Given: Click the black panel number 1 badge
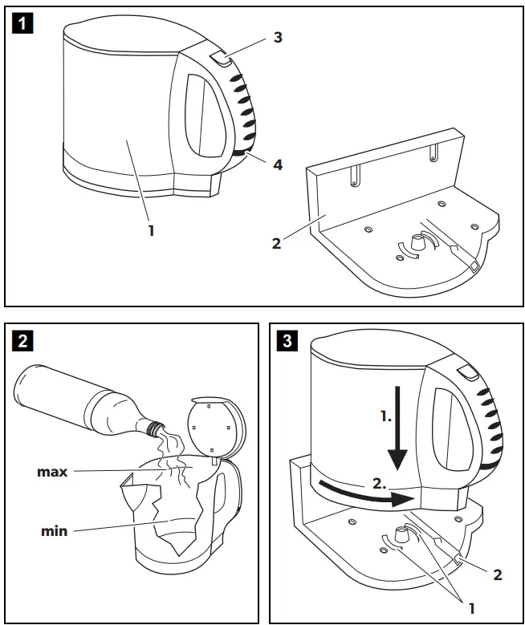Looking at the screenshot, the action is [22, 23].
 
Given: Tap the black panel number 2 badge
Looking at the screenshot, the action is [22, 341].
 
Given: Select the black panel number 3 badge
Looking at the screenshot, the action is [287, 341].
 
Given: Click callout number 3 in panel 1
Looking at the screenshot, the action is [278, 37].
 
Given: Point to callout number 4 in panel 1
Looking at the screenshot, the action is [278, 164].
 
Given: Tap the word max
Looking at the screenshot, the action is [52, 472].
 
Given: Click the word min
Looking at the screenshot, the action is [55, 531].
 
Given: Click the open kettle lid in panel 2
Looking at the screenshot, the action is [216, 426].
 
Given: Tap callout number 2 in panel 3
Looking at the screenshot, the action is [497, 574].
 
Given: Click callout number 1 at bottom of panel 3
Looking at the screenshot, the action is [472, 608].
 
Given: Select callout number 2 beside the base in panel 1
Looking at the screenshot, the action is [276, 243].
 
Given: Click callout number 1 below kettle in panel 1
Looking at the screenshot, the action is [151, 230].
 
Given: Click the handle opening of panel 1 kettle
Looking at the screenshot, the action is [205, 115].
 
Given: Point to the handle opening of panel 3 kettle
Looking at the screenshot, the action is [451, 429].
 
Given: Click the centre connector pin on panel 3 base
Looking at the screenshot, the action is [400, 534].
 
